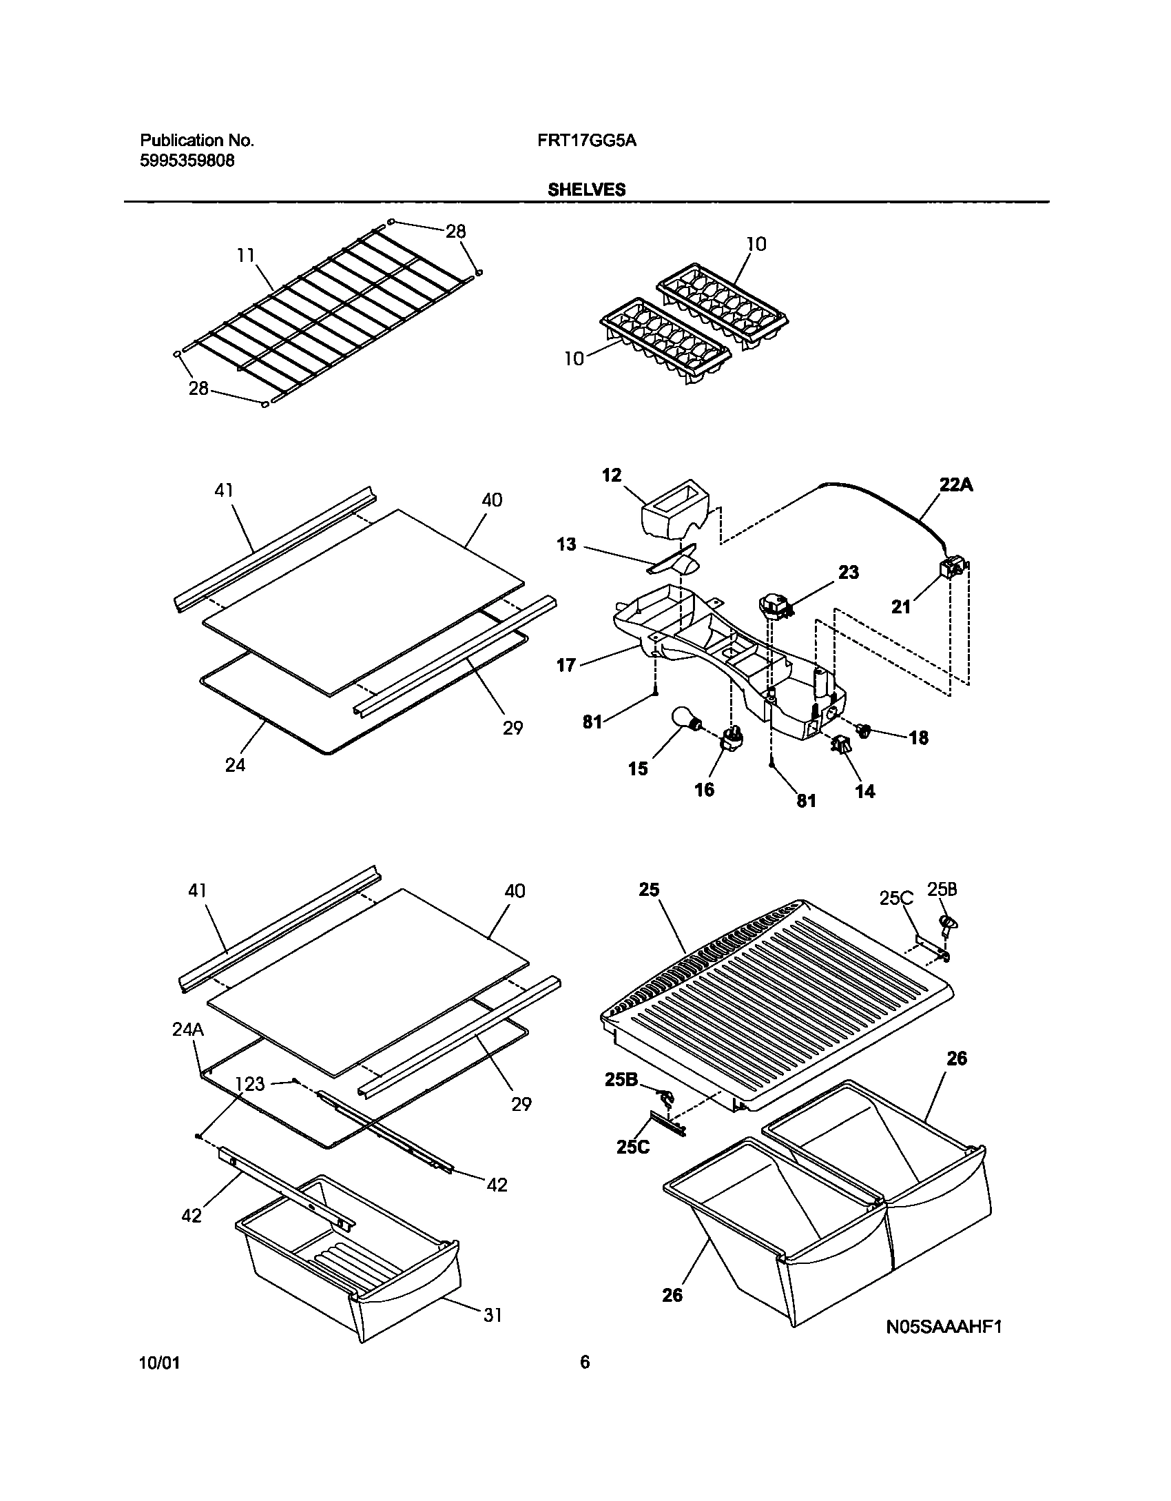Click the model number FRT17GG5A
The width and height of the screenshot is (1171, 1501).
point(586,141)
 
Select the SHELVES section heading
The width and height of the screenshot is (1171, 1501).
point(586,190)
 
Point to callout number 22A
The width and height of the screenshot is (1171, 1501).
point(957,485)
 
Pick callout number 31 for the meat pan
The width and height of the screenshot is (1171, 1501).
point(492,1316)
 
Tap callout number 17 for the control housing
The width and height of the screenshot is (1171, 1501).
point(566,666)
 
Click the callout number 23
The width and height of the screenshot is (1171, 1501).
point(849,572)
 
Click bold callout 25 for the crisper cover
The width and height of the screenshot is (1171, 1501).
point(649,890)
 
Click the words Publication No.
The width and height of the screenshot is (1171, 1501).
point(197,141)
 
